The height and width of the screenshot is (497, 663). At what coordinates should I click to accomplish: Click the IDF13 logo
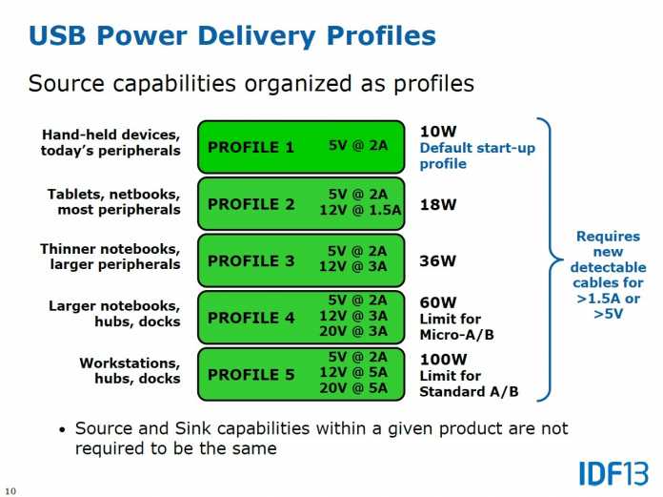[613, 474]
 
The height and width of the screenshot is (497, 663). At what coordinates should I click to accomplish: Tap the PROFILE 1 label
[251, 147]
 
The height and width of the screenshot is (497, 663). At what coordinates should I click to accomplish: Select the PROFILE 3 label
[251, 260]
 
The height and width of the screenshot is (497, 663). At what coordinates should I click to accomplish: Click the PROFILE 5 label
[251, 375]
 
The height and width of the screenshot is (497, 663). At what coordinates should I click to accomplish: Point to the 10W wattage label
[438, 132]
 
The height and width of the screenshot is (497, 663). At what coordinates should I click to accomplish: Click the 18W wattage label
[438, 205]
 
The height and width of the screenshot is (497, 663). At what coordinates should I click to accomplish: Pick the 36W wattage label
[438, 260]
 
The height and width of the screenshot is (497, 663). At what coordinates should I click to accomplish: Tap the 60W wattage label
[438, 302]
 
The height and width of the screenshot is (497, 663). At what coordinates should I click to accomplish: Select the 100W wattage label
[443, 360]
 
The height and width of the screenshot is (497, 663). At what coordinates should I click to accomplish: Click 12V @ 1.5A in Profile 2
[360, 210]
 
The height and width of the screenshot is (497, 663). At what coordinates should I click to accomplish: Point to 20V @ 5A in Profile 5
[353, 388]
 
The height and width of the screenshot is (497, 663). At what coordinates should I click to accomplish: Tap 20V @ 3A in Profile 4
[353, 331]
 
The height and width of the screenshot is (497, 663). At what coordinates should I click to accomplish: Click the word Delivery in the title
[256, 36]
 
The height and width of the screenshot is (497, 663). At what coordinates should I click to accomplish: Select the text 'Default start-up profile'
[477, 155]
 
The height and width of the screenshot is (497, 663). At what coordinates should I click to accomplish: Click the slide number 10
[10, 491]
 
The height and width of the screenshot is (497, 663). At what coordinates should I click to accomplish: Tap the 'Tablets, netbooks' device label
[113, 194]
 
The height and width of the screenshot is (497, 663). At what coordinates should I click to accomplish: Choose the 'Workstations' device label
[130, 362]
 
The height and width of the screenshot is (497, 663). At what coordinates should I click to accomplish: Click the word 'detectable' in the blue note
[608, 267]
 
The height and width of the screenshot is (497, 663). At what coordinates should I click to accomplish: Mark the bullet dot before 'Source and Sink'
[63, 430]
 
